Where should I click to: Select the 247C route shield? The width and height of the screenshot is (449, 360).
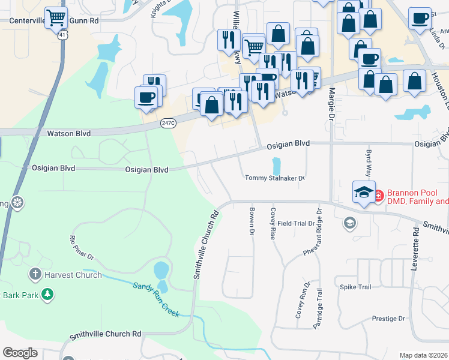pos(168,123)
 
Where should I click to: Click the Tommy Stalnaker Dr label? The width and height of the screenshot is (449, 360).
pos(275,178)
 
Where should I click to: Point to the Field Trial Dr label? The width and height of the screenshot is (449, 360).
pos(296,223)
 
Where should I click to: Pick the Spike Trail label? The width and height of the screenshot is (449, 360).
pos(356,287)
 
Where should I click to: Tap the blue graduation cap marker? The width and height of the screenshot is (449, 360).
pos(364,192)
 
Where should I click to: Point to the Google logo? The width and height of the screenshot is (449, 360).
pos(20,353)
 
